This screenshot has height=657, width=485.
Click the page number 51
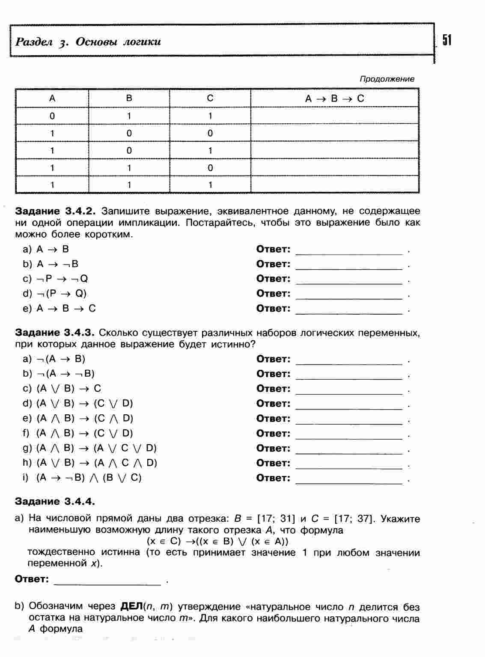coord(446,40)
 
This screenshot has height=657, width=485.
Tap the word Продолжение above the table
coord(387,79)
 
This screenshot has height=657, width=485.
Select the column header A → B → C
coord(334,98)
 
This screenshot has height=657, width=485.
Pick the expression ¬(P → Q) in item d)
coord(62,294)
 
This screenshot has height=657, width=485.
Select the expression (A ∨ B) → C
coord(69,389)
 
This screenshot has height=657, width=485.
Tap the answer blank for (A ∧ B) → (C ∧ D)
coord(349,420)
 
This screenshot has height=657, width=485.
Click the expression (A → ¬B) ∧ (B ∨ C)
coord(89,478)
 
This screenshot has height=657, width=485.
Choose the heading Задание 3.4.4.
coord(54,501)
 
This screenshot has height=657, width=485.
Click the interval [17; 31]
coord(276,519)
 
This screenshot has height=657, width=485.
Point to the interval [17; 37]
coord(354,519)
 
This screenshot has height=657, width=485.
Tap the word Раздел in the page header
coord(34,42)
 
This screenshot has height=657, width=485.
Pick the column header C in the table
coord(210,98)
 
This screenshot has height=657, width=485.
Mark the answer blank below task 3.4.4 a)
coord(107,580)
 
